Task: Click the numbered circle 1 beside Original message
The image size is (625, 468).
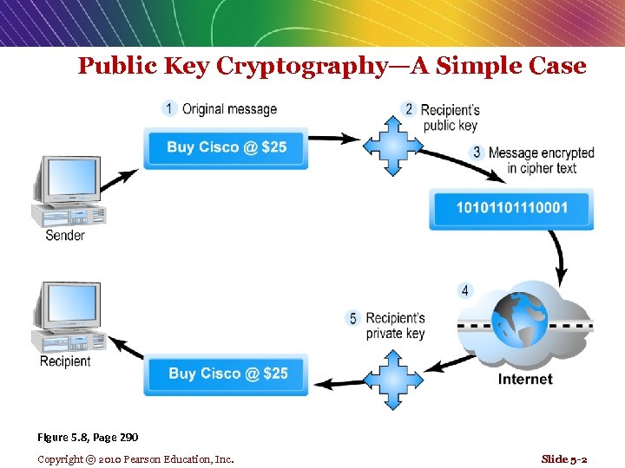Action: click(x=169, y=108)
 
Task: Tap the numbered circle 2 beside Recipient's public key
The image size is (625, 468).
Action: click(x=409, y=109)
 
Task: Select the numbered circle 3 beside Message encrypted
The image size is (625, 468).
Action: click(x=477, y=153)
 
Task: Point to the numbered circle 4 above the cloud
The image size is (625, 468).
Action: click(x=465, y=290)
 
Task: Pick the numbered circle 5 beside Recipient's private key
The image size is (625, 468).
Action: click(x=352, y=319)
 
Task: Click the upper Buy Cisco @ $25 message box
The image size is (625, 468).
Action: click(x=227, y=147)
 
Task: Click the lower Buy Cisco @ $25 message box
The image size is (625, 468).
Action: click(x=227, y=374)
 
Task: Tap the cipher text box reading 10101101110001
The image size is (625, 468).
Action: click(x=510, y=208)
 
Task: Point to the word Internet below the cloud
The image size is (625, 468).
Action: click(x=525, y=379)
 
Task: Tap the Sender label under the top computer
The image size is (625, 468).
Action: click(x=65, y=235)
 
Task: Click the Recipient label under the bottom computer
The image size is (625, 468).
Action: click(x=65, y=361)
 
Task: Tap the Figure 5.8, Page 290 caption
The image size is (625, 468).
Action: click(x=88, y=437)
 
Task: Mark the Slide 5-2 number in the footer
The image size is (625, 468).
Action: click(x=563, y=458)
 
